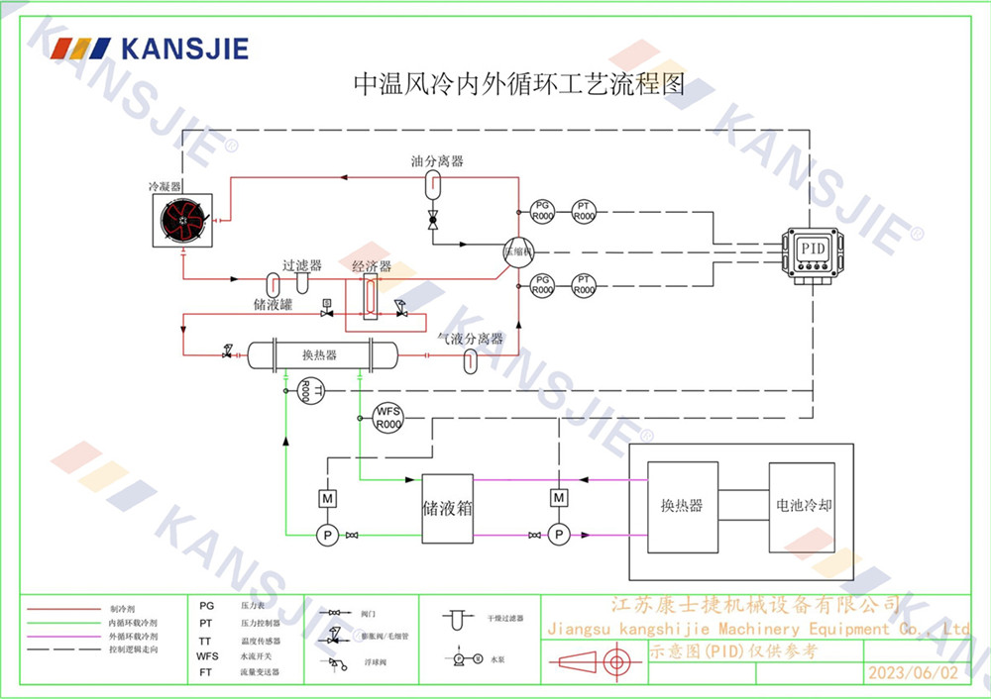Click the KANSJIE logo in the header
click(150, 48)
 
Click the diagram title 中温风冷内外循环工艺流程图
click(519, 83)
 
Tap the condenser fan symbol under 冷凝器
click(182, 220)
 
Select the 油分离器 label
click(437, 160)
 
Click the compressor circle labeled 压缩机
click(516, 250)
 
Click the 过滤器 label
click(302, 265)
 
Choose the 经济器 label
click(372, 266)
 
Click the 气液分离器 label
click(471, 339)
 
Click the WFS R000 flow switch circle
click(386, 418)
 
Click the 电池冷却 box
click(804, 506)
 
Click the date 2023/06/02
click(913, 673)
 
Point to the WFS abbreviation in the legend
click(207, 655)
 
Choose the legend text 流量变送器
click(259, 672)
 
